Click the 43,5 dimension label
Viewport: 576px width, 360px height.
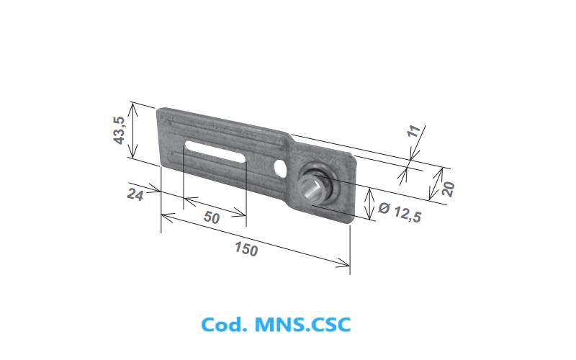click(x=120, y=130)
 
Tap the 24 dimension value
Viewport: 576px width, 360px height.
click(x=135, y=194)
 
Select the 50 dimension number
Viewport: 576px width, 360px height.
click(x=212, y=217)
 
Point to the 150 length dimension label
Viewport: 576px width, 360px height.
click(x=246, y=248)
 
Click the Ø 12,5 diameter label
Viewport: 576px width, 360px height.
click(x=400, y=212)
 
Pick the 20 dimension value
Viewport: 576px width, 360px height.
click(x=449, y=189)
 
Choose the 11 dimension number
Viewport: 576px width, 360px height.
click(x=414, y=131)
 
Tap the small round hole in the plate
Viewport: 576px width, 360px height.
click(x=281, y=168)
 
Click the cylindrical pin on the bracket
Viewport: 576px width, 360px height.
click(x=312, y=187)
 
